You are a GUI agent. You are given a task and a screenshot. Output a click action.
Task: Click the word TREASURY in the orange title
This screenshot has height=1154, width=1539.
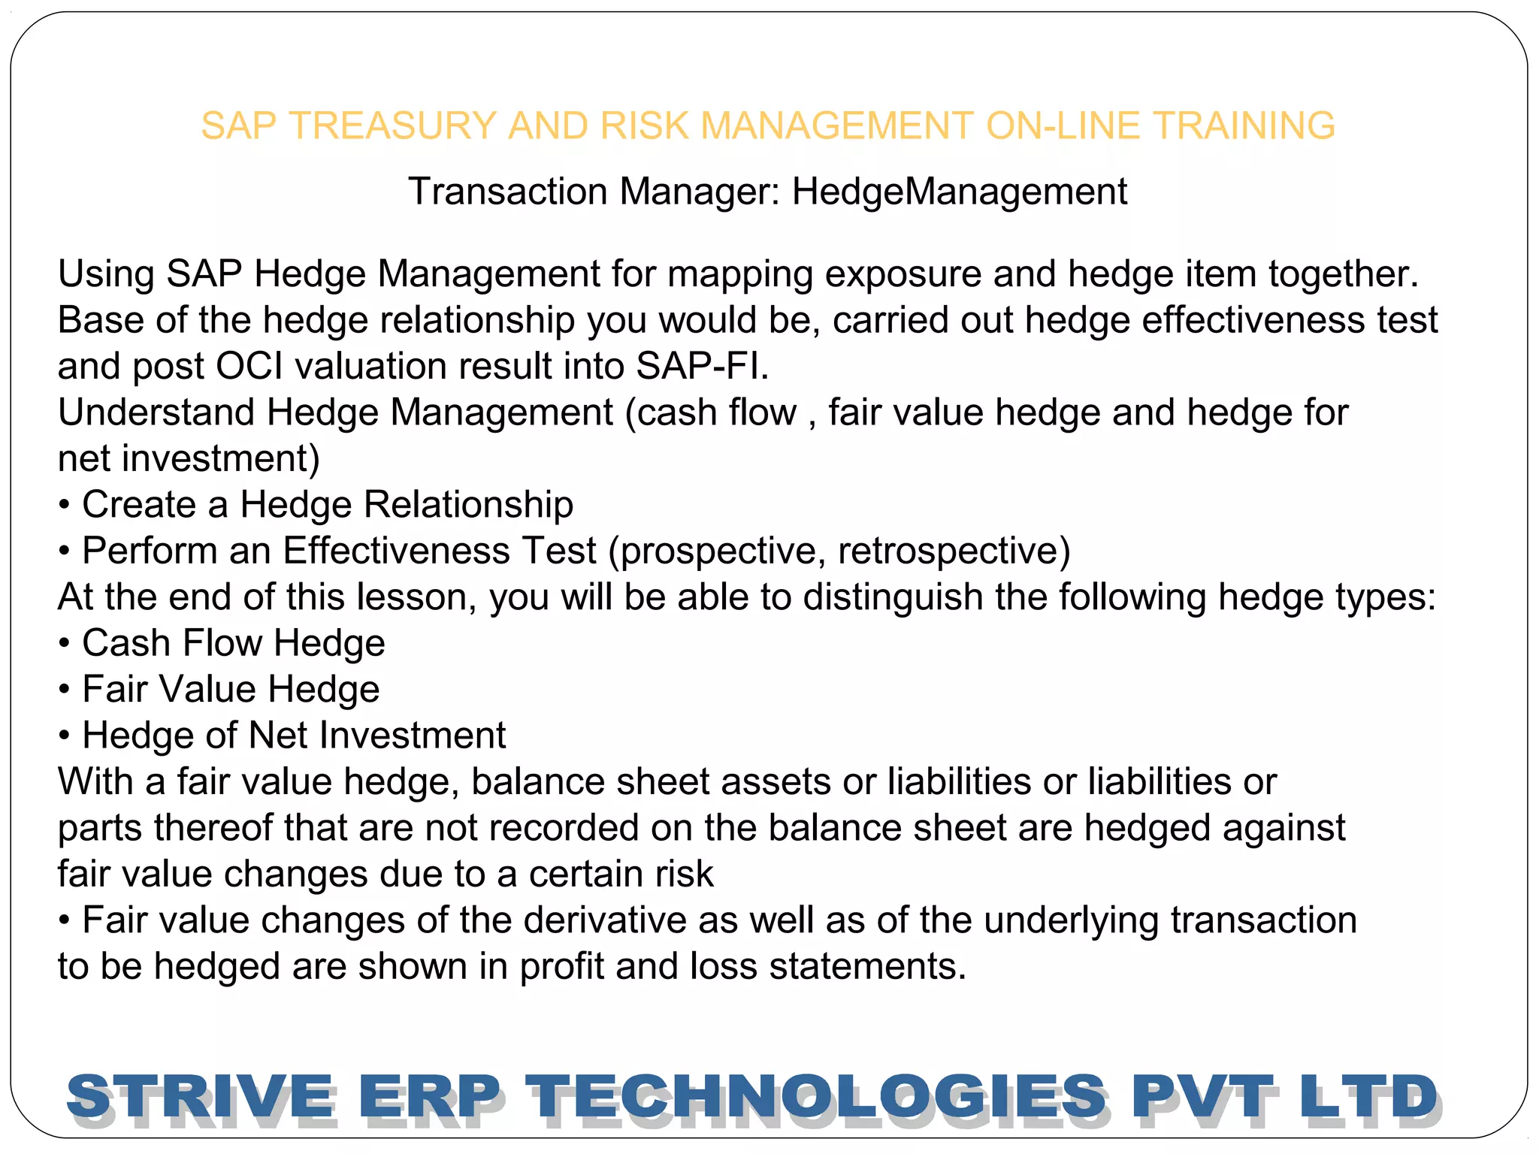(x=396, y=125)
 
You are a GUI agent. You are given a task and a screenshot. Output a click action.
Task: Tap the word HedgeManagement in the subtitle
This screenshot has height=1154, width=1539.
(x=959, y=192)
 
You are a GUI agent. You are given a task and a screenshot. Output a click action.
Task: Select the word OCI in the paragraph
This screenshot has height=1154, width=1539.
(x=249, y=367)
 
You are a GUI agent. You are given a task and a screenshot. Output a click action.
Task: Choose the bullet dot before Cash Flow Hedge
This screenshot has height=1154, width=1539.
(x=65, y=644)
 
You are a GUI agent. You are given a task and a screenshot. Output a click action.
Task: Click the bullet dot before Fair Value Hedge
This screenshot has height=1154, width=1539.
(x=65, y=690)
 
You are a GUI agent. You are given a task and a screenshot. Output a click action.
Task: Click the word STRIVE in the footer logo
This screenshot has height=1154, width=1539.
(x=200, y=1097)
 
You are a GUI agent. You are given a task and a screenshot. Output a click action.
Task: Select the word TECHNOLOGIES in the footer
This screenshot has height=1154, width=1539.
(x=816, y=1097)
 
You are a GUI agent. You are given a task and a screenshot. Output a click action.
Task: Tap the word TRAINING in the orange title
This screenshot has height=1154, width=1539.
(x=1244, y=125)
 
